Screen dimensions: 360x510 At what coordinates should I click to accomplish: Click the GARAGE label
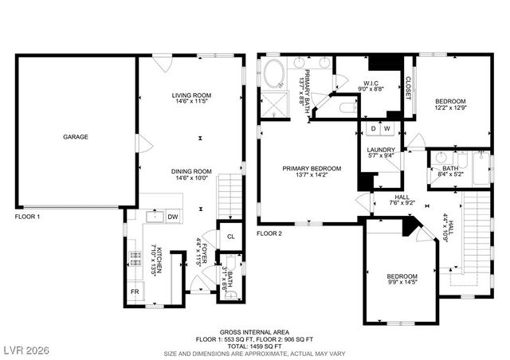[x=76, y=137]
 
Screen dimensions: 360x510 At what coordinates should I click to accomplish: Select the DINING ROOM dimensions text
[x=190, y=178]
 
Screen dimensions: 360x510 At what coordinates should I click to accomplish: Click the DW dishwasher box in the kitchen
[x=172, y=217]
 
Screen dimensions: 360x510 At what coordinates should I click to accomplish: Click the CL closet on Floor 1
[x=229, y=237]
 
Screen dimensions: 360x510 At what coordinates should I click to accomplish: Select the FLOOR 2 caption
[x=269, y=233]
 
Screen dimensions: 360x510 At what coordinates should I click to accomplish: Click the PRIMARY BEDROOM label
[x=312, y=168]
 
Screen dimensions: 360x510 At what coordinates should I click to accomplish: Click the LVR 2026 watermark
[x=25, y=350]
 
